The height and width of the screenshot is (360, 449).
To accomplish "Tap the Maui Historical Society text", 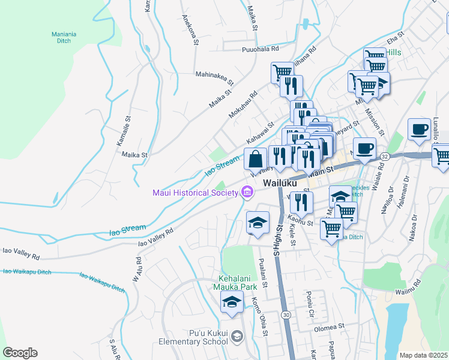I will click(x=193, y=193).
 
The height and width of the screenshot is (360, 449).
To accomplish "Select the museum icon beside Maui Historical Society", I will click(x=247, y=192).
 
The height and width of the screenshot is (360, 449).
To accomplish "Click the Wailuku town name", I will click(x=280, y=182).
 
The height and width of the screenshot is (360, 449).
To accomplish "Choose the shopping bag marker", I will click(x=255, y=160).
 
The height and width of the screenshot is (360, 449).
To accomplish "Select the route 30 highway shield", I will click(x=286, y=314).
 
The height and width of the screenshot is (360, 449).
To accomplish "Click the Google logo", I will click(x=20, y=353).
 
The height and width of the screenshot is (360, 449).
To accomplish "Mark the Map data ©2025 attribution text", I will click(x=423, y=355).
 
